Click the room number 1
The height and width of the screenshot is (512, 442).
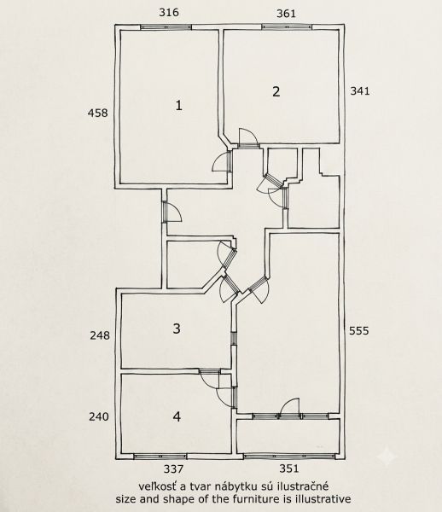pos(178,106)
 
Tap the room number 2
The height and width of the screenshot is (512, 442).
pos(276,91)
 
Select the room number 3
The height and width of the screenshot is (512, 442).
pos(177,329)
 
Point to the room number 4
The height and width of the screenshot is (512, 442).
pos(177,416)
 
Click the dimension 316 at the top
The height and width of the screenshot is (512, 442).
pos(169,13)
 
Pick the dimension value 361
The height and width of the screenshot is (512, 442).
pos(287,14)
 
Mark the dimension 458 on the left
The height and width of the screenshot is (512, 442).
pos(97,113)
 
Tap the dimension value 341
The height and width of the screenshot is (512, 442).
pos(360,90)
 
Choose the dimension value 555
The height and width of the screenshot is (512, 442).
pos(359,331)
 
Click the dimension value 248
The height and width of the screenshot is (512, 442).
pos(100,335)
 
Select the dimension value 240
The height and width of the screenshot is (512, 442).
pos(99,416)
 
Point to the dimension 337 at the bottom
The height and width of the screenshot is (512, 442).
pos(173,469)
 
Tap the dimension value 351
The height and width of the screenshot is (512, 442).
pos(289,468)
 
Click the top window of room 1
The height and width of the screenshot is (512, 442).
pos(166,28)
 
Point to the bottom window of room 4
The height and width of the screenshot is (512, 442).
pos(160,457)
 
